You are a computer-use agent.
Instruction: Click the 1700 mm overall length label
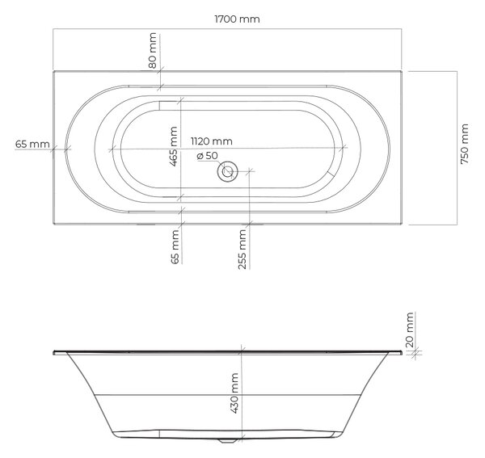(x=237, y=19)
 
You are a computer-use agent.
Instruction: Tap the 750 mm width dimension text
(x=464, y=144)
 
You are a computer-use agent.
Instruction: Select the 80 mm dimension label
(x=153, y=50)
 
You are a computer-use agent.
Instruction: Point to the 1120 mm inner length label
(x=212, y=141)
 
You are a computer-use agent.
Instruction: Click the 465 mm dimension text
(x=174, y=146)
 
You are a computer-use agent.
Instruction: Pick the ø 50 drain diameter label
(x=207, y=155)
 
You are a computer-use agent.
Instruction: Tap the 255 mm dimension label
(x=242, y=249)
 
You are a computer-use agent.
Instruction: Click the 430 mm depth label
(x=234, y=393)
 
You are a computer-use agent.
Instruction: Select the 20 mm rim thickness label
(x=409, y=330)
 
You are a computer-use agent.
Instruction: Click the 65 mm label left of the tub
(x=32, y=144)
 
